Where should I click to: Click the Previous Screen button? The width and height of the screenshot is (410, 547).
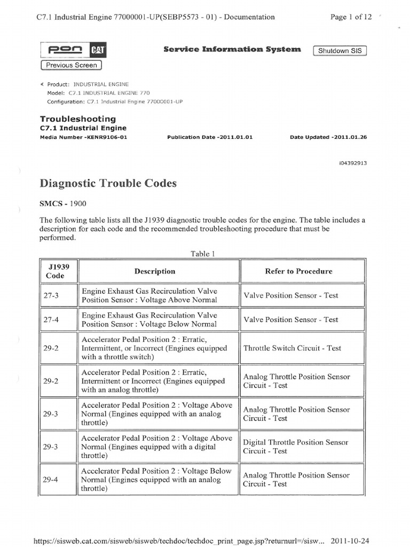tap(72, 65)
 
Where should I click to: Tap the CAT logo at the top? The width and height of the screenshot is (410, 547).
tap(97, 50)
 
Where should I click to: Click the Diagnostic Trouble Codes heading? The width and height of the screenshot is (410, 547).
tap(108, 184)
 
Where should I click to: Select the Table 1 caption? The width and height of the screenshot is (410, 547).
tap(200, 254)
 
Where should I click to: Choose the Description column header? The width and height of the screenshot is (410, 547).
tap(155, 271)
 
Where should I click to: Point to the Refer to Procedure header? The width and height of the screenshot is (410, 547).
tap(298, 271)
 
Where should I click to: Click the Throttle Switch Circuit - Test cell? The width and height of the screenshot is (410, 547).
tap(292, 348)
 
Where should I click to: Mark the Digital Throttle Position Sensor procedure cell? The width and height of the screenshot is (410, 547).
tap(295, 447)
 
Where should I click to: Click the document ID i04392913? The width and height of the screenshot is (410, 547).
tap(352, 163)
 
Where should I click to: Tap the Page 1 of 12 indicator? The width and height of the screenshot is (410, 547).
tap(351, 17)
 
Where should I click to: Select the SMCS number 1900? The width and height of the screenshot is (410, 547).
tap(77, 204)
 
